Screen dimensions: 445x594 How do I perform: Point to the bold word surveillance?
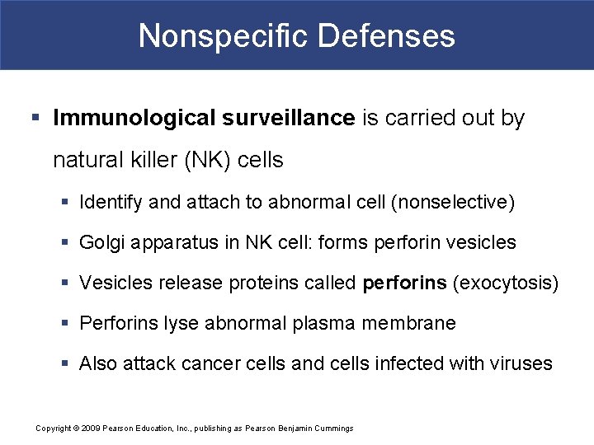coord(288,119)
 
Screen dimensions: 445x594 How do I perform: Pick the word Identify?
coord(111,202)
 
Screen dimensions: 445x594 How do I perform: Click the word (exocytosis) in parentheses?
coord(505,283)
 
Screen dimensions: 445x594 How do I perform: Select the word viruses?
coord(520,363)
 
